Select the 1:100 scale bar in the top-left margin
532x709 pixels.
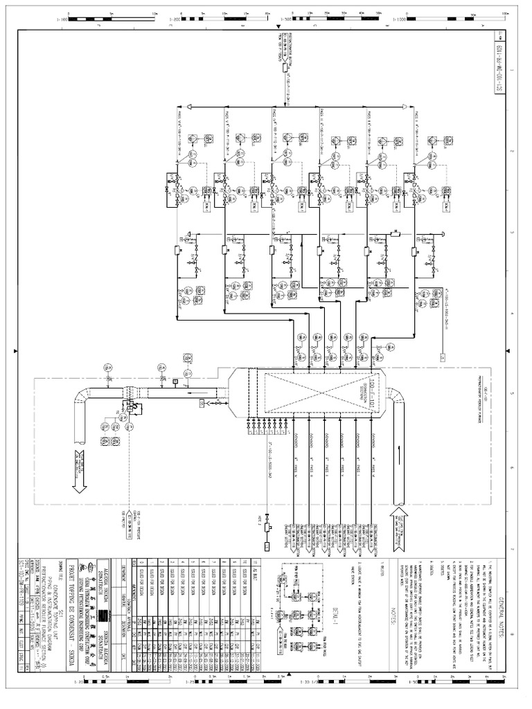coord(80,15)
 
